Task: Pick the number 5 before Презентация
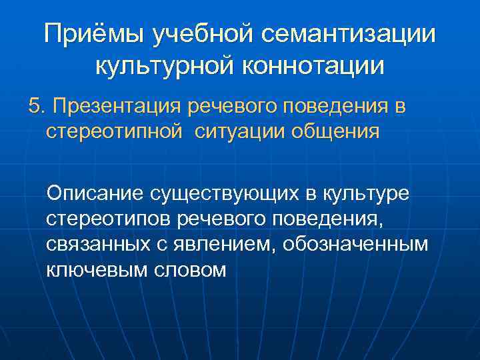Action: (34, 107)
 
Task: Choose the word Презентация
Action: (118, 107)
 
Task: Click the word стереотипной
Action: (113, 132)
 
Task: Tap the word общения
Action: (337, 132)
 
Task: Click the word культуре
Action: (373, 193)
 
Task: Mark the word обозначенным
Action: (355, 244)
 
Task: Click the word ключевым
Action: (95, 269)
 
